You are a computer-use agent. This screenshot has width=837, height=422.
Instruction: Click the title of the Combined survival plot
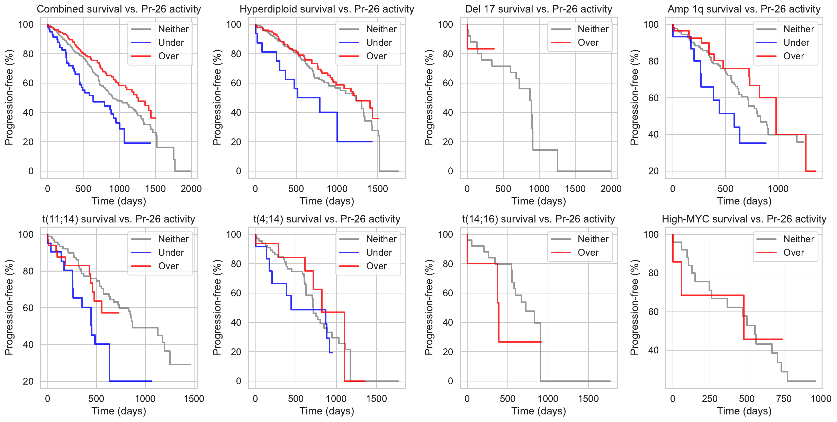(119, 9)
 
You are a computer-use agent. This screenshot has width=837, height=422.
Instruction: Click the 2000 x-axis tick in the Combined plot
(191, 189)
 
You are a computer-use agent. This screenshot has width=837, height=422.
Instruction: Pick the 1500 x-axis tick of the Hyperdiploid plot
(378, 189)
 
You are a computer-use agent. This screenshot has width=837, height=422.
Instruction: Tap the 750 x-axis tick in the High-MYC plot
(784, 399)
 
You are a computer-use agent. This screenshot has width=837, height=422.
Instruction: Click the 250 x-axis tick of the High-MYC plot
(710, 399)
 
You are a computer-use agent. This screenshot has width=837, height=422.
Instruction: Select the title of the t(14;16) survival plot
(538, 219)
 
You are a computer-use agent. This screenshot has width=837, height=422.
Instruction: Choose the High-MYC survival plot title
(744, 219)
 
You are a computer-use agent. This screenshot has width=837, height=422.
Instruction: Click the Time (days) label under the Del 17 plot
(539, 201)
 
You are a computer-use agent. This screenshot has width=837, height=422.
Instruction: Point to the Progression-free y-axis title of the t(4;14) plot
(217, 307)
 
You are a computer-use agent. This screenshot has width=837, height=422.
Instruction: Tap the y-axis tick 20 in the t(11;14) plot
(28, 381)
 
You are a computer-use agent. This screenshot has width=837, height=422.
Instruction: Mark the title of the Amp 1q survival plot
(744, 9)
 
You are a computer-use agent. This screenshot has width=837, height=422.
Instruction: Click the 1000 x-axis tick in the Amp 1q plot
(778, 189)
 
